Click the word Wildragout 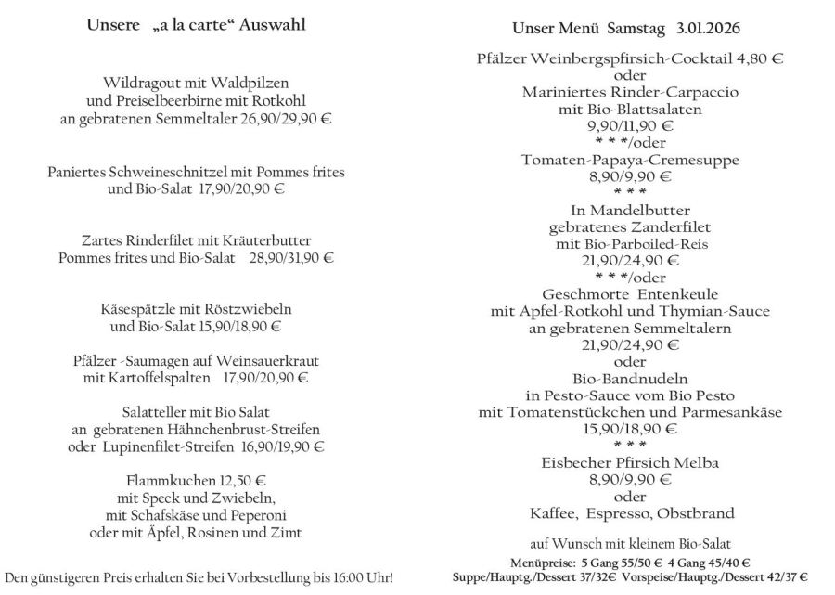point(143,82)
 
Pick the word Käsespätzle point(136,308)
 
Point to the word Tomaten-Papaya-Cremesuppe point(629,160)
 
